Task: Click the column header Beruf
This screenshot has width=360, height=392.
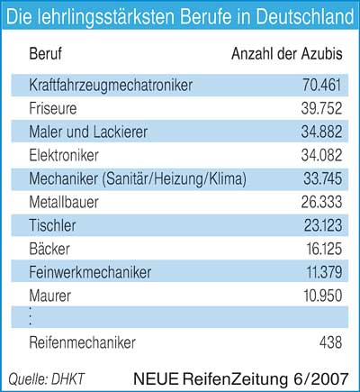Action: [46, 54]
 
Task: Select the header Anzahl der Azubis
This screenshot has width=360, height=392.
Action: [287, 54]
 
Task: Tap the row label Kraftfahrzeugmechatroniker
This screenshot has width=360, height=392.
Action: [111, 86]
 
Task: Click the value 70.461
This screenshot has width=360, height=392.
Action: [322, 85]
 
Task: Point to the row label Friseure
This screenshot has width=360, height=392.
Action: [53, 108]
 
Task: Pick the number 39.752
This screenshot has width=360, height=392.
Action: [321, 108]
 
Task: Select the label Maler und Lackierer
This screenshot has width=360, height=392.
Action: [88, 132]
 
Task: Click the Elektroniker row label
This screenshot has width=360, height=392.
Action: [64, 155]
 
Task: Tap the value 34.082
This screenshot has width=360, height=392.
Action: [321, 155]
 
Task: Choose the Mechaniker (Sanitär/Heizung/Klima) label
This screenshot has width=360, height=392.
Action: [138, 179]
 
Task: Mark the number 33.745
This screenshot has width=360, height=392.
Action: [322, 178]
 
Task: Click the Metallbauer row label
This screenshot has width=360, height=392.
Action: [64, 202]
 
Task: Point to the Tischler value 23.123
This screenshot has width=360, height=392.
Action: [323, 225]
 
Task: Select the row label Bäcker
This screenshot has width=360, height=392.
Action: [49, 249]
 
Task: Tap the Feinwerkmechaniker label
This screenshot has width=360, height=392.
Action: [90, 272]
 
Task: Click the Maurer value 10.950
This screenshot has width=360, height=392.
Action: [323, 296]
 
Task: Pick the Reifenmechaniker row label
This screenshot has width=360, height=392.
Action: [83, 342]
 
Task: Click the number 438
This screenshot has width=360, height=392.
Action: [330, 342]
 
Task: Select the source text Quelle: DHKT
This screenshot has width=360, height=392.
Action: [47, 379]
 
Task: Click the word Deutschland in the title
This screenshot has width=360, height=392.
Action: [305, 16]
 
